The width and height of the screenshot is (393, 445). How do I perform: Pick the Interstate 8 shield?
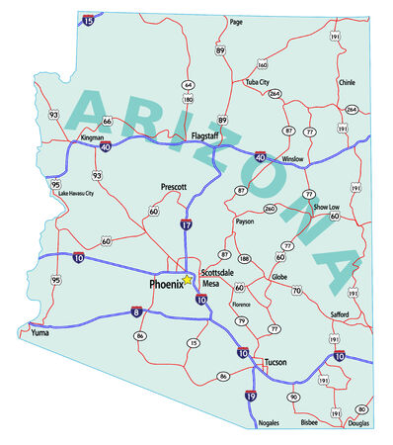[x=137, y=311]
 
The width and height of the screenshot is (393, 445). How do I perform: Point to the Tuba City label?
[x=257, y=83]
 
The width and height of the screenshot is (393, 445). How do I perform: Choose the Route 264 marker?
[x=274, y=94]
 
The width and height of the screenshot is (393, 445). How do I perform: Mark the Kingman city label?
[x=92, y=138]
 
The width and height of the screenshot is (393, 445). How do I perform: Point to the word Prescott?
[x=173, y=186]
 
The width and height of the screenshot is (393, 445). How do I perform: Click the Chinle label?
[x=347, y=83]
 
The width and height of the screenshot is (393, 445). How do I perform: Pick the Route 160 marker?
[x=262, y=64]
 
